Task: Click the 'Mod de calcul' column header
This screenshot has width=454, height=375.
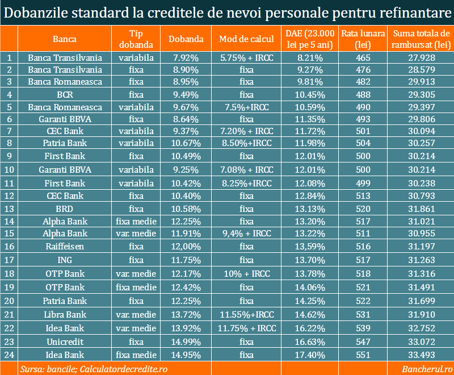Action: (x=246, y=39)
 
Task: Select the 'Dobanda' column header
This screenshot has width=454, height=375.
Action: (x=186, y=39)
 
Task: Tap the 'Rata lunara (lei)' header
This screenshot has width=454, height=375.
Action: (x=364, y=39)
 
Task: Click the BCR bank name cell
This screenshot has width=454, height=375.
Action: (x=65, y=94)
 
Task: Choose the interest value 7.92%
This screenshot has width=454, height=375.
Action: (x=186, y=57)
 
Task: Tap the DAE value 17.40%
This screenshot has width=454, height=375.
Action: (x=310, y=355)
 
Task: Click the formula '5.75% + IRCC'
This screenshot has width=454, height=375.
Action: (x=246, y=57)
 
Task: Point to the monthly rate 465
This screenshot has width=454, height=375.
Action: (x=364, y=57)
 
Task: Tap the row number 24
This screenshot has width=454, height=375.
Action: (x=9, y=355)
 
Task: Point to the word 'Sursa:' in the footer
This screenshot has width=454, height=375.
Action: (x=32, y=369)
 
